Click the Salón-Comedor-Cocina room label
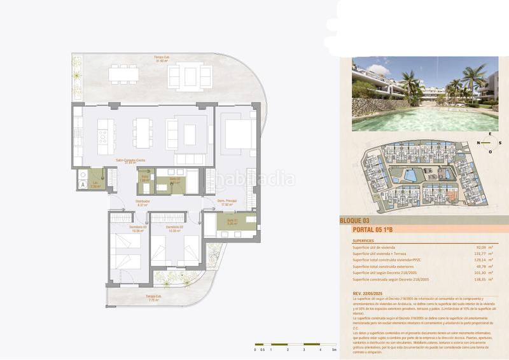pos(134,162)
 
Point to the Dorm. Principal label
pos(227,202)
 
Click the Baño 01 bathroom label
pos(233,223)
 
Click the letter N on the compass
pos(478,142)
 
